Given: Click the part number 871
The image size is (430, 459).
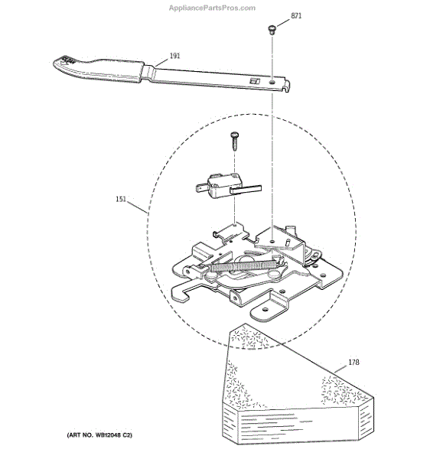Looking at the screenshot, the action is pos(296,16).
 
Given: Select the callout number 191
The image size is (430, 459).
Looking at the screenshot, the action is pos(174,56).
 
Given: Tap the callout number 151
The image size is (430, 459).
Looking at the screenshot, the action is pos(121,199).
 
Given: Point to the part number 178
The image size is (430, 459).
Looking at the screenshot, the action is pos(353,362).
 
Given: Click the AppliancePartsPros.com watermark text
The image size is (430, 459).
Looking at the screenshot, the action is pos(212,8).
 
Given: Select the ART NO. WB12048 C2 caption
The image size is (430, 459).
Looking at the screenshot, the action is pos(99,435).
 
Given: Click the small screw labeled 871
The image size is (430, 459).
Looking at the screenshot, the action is pos(272,30).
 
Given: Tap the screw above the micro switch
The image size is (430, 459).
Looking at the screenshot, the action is pos(235,141).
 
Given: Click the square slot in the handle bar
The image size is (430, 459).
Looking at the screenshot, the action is pos(254,81).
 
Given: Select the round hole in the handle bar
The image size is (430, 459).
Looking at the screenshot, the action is pos(272,83).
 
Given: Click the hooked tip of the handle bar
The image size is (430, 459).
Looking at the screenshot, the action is pos(287,86).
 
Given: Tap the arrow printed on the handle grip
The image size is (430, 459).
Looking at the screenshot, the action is pos(63,61).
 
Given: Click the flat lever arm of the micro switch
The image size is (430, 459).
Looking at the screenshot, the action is pos(246,189).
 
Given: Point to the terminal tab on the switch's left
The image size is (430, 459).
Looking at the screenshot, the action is pos(201,187).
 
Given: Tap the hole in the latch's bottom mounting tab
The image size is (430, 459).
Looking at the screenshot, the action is pos(265,310).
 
